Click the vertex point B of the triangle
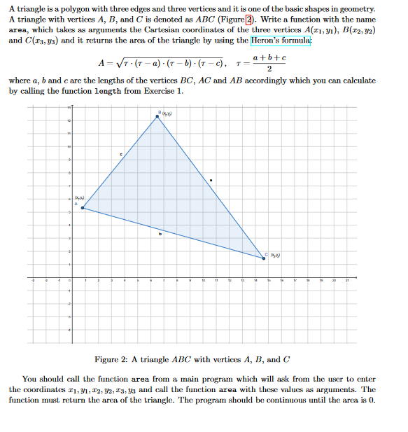coord(157,116)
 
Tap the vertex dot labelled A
coord(83,207)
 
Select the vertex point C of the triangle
coord(264,258)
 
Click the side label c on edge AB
coord(120,154)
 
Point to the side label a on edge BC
coord(211,181)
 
